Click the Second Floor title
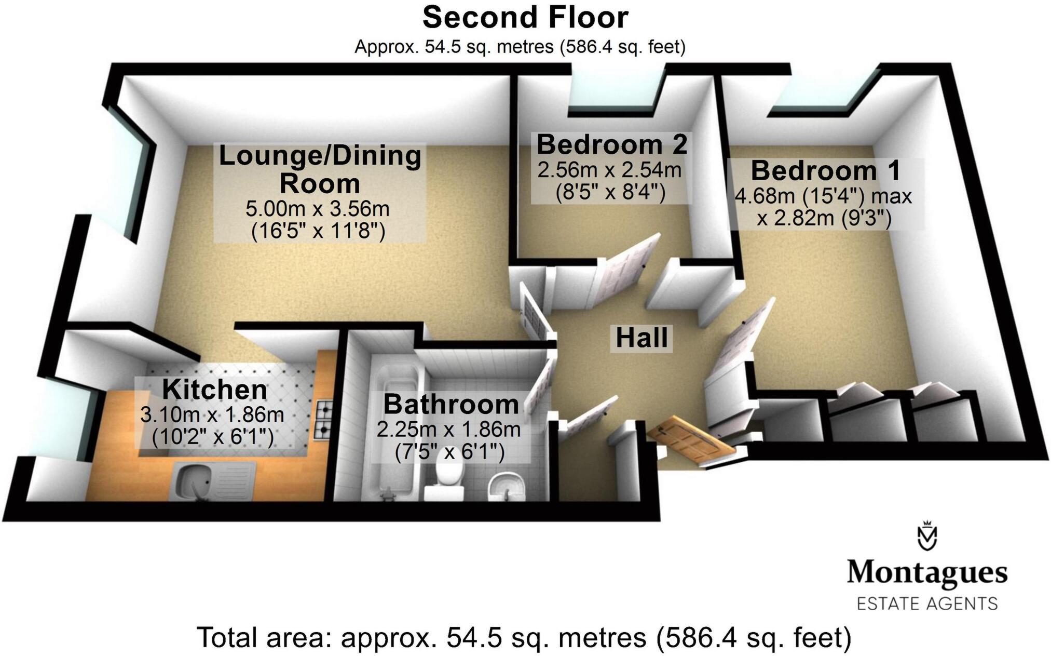click(525, 18)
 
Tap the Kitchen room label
click(214, 390)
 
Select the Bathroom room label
click(451, 405)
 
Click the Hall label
click(641, 338)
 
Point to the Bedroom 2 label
click(612, 144)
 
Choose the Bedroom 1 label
click(825, 171)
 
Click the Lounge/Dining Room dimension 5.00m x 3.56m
click(318, 209)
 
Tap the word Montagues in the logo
click(927, 573)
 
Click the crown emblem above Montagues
click(927, 536)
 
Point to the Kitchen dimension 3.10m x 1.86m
click(212, 415)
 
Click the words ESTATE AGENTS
click(927, 604)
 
